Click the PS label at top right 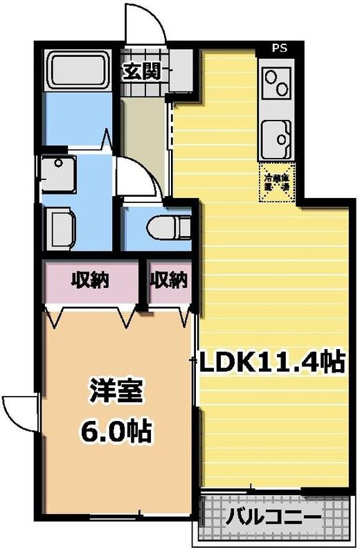[x=279, y=48]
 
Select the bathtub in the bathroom [x=76, y=71]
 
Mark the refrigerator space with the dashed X [x=278, y=183]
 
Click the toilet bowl [x=166, y=226]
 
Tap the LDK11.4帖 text [x=272, y=362]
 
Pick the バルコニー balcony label [x=273, y=517]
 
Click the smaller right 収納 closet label [x=169, y=280]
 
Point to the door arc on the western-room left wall [x=19, y=413]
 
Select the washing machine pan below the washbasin [x=64, y=227]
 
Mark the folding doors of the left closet [x=91, y=315]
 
